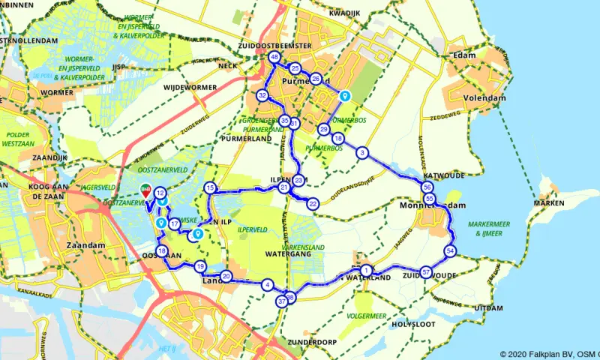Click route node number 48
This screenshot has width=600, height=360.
[x=274, y=58]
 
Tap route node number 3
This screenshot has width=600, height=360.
[x=363, y=153]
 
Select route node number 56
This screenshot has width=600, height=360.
[x=427, y=187]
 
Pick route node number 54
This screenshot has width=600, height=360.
[x=450, y=250]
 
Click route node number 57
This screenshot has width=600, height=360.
[x=426, y=272]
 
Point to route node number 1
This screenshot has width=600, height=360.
[x=365, y=271]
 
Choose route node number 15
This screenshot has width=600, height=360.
[x=210, y=187]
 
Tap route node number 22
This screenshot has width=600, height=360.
[x=313, y=203]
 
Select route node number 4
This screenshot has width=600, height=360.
[x=267, y=285]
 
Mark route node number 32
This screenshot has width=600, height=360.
[x=262, y=96]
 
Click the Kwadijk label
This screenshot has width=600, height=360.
[x=345, y=13]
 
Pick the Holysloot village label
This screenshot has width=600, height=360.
[x=412, y=325]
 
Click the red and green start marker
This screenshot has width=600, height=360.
[x=146, y=190]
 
